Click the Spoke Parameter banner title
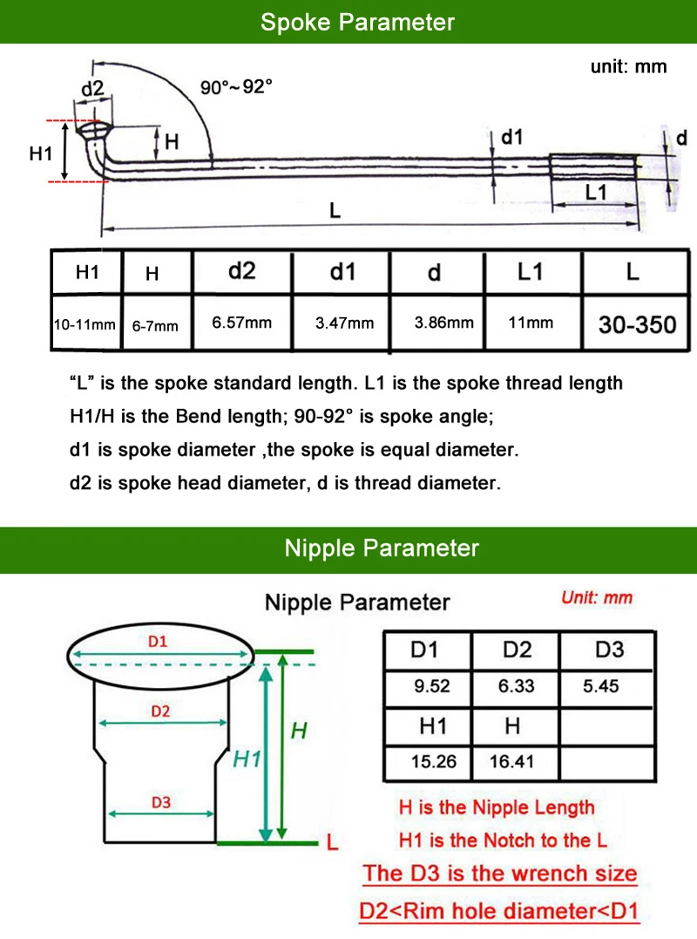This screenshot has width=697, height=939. (357, 22)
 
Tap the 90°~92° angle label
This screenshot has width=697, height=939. (236, 87)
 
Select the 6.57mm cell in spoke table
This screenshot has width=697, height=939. (242, 323)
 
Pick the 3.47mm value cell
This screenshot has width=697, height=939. (344, 323)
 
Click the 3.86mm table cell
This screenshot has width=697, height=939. (444, 323)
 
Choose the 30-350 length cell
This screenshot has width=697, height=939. (637, 324)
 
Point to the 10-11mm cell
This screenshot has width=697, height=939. (85, 324)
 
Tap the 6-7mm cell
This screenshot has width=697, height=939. (155, 325)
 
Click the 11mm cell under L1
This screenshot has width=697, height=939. (531, 323)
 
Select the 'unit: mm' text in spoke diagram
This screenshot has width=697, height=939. (628, 67)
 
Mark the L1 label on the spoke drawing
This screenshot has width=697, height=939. (595, 192)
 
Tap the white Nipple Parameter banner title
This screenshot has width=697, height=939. (382, 548)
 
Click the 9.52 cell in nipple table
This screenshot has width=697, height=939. (432, 686)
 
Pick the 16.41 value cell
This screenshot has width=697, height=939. (511, 761)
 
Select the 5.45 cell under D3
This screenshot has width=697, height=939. (601, 686)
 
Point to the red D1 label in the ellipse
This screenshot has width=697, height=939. (158, 642)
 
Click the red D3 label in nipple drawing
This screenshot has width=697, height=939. (160, 803)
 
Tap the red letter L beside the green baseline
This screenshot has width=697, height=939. (331, 843)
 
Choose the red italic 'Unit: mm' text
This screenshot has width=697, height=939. (597, 598)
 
